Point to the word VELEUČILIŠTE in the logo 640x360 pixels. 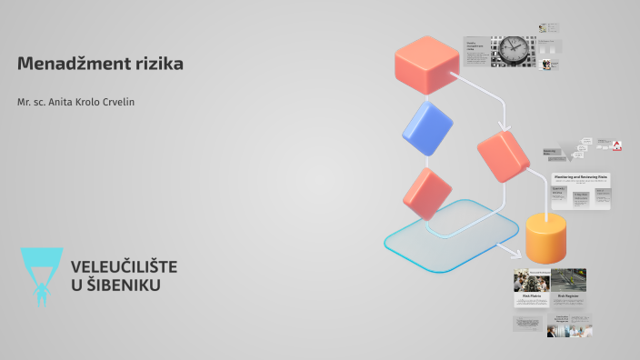click(x=124, y=266)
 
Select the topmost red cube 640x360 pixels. click(x=426, y=64)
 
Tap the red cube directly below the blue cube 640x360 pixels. click(x=427, y=193)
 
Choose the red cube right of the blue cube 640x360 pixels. click(x=503, y=155)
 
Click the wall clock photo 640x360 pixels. click(x=514, y=50)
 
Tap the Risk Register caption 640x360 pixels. click(x=568, y=296)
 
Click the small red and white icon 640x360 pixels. click(x=616, y=145)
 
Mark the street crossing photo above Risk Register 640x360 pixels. click(x=568, y=280)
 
